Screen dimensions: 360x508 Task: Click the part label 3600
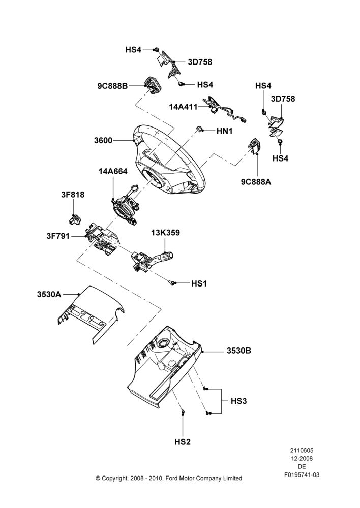(x=103, y=141)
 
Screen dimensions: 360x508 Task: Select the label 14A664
(x=113, y=171)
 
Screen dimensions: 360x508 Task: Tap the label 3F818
(x=73, y=195)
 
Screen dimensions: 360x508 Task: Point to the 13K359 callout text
(x=165, y=233)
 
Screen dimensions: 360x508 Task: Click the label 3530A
(x=49, y=294)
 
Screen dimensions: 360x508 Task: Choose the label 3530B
(x=238, y=351)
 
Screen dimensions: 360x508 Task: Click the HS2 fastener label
(x=183, y=442)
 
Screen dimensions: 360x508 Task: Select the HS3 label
(x=238, y=401)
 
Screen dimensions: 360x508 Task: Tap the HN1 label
(x=225, y=131)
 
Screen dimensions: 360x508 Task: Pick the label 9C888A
(x=256, y=182)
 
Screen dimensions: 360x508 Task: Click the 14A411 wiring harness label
(x=183, y=107)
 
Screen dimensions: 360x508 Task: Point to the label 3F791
(x=58, y=236)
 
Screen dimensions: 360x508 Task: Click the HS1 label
(x=199, y=283)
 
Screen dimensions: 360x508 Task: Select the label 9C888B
(x=112, y=86)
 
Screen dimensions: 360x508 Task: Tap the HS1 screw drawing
(x=172, y=283)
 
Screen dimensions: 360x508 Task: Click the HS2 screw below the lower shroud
(x=183, y=411)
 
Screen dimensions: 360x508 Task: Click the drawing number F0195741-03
(x=302, y=475)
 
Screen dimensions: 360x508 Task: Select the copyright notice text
(x=169, y=478)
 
